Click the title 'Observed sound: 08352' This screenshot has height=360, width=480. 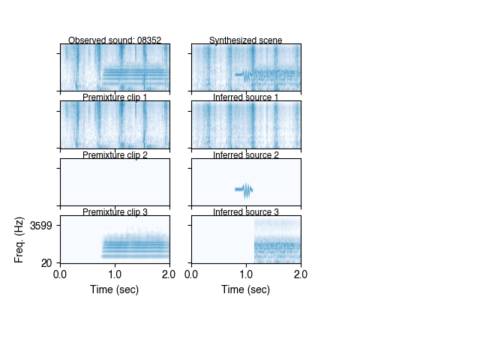tap(115, 40)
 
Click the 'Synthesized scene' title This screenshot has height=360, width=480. tap(246, 40)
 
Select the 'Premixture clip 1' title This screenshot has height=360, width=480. tap(115, 97)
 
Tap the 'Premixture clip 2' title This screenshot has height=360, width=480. tap(115, 155)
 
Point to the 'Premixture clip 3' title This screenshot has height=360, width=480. tap(115, 212)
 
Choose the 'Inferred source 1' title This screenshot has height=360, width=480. tap(246, 97)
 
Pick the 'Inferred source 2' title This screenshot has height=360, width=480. tap(246, 155)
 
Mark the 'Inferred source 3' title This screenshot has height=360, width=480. tap(246, 212)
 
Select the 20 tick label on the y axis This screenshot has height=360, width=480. tap(46, 262)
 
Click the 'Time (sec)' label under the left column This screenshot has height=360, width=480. tap(115, 289)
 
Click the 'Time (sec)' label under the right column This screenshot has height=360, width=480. tap(246, 289)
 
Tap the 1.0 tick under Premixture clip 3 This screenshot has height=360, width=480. tap(115, 274)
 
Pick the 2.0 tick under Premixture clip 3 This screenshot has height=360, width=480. tap(169, 274)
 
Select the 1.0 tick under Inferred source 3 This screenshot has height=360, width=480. tap(246, 274)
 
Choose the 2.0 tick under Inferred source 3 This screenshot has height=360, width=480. tap(301, 274)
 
